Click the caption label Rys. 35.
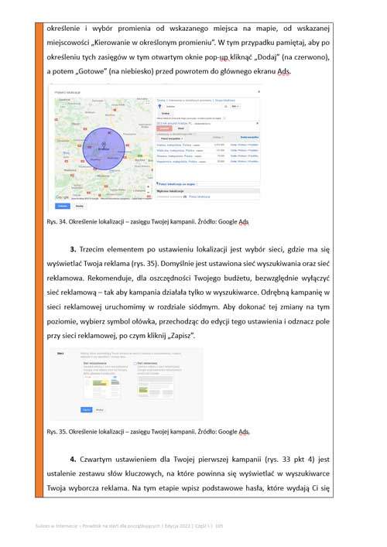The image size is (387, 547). coord(60,431)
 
